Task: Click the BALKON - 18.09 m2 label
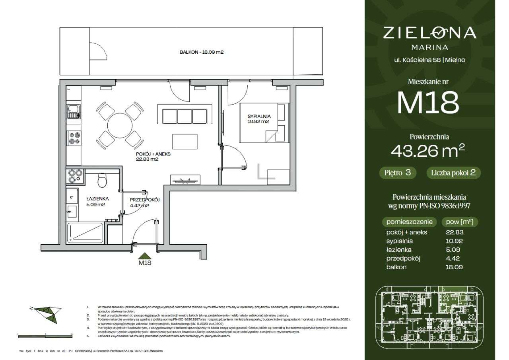(201, 52)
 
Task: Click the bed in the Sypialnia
(264, 123)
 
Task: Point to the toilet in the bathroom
(102, 181)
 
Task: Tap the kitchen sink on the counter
(73, 111)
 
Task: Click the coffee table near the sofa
(185, 141)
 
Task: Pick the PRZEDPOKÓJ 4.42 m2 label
(145, 203)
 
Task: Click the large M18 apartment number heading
(428, 103)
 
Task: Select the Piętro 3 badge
(398, 173)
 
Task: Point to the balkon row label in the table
(396, 267)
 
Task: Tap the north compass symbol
(45, 313)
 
